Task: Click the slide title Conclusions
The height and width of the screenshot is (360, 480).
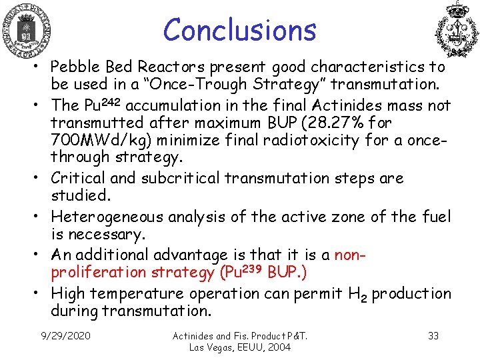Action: tap(239, 30)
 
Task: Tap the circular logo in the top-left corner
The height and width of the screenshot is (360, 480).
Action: tap(27, 31)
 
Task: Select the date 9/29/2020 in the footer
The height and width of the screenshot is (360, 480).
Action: tap(66, 335)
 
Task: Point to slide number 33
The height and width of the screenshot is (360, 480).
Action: tap(433, 335)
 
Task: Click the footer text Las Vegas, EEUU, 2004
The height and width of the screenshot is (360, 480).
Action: tap(240, 347)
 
